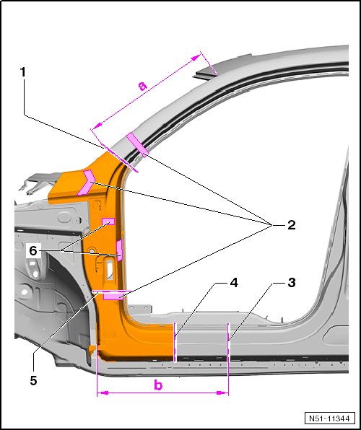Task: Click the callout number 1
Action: pos(23,72)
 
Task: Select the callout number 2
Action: pos(291,225)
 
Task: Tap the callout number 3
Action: pos(292,283)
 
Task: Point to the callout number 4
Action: pos(234,283)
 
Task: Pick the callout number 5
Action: pos(33,381)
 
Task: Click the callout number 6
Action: pos(33,250)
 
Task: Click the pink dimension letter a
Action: pos(142,86)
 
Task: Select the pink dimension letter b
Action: pos(158,385)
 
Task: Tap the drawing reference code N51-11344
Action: pos(329,418)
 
